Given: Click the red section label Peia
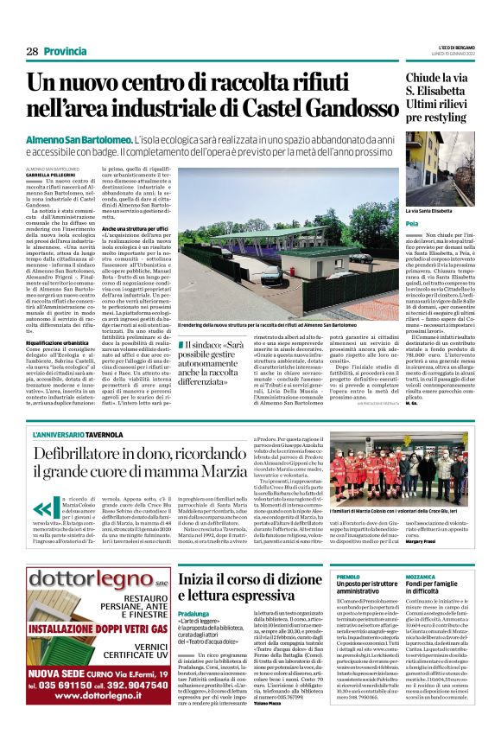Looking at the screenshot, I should click(411, 224).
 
